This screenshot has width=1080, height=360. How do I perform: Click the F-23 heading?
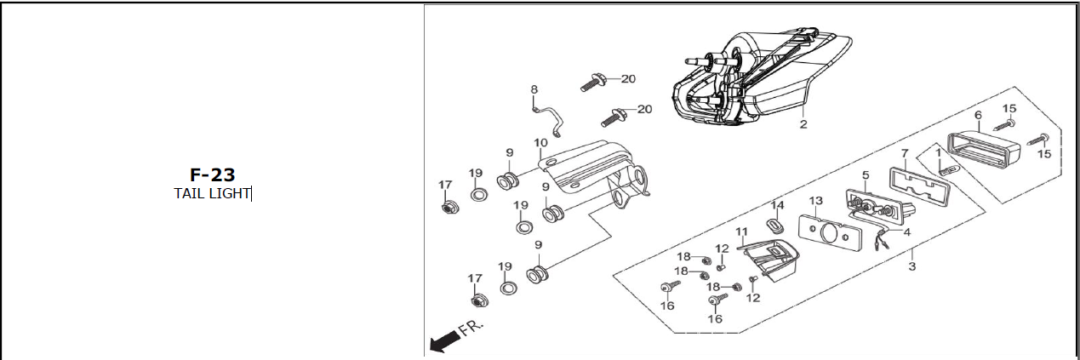tap(212, 174)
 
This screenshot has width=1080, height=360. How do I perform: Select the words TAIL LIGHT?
tap(212, 193)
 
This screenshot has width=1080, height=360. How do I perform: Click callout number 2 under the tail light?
tap(803, 124)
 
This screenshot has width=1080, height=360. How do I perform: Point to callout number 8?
tap(534, 89)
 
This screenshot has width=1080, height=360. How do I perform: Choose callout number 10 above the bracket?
tap(541, 143)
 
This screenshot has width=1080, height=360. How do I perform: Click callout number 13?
tap(815, 201)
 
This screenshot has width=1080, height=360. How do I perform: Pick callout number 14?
tap(777, 205)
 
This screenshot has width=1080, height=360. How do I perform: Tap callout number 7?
tap(905, 153)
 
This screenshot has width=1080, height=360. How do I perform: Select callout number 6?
tap(978, 115)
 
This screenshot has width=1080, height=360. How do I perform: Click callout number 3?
tap(911, 266)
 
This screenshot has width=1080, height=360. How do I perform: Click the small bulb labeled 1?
tap(948, 169)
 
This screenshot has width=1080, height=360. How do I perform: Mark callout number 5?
tap(866, 175)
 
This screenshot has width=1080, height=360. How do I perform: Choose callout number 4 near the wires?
tap(906, 231)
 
